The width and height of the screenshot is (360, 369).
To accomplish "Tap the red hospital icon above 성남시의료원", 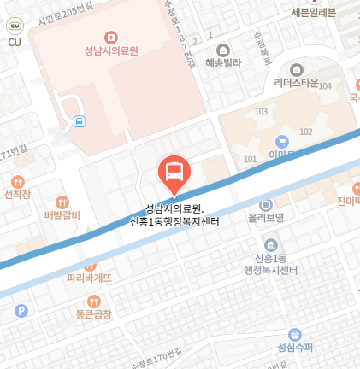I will (x=110, y=37).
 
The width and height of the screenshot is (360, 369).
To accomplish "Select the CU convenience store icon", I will (x=14, y=27).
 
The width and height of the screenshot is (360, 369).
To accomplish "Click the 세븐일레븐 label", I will (x=313, y=12).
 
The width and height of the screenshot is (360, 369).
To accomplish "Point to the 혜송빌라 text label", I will (x=225, y=63).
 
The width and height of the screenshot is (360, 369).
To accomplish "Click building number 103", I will (x=261, y=112).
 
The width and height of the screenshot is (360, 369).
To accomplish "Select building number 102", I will (x=305, y=132).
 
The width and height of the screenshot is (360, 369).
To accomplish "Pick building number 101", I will (x=250, y=160).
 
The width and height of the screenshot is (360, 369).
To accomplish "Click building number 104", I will (x=325, y=85).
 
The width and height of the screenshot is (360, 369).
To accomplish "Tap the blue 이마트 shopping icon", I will (x=281, y=141).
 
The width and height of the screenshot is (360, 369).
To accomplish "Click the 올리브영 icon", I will (x=265, y=205).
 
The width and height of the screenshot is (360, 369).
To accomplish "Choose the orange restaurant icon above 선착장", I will (x=17, y=181).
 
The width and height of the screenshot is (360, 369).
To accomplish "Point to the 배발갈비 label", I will (x=62, y=215).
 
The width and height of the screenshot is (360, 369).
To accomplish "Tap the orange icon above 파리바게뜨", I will (x=89, y=265).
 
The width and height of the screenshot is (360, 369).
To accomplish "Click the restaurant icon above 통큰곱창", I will (x=93, y=301).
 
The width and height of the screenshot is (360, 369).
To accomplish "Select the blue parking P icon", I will (x=21, y=312).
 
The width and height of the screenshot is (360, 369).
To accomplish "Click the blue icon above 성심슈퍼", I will (x=295, y=333).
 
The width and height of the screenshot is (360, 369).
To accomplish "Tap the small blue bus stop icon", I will (x=80, y=121).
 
